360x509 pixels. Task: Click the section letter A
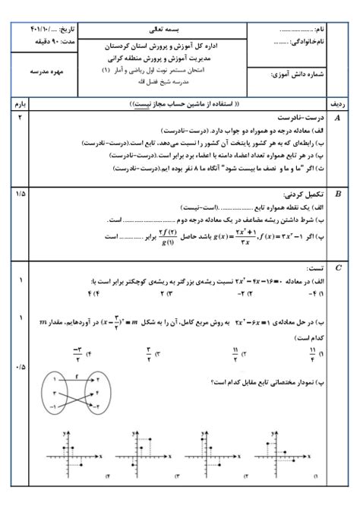point(337,119)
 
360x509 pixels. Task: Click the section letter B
point(337,193)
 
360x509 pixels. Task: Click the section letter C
point(337,267)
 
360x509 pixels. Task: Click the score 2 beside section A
point(21,119)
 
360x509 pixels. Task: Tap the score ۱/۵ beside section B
point(21,193)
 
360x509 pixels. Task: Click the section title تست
point(314,268)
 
